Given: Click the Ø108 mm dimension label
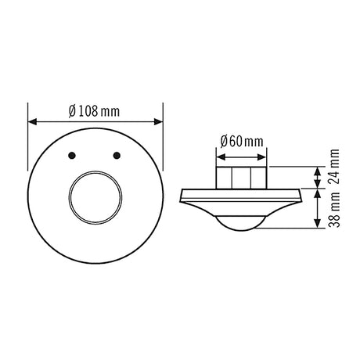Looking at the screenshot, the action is tap(94, 111).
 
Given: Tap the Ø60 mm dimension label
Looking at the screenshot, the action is tap(242, 142).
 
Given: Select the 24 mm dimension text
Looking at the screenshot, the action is tap(334, 167).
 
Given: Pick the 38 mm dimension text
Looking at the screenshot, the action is tap(334, 210).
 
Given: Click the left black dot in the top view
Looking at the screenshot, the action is tap(72, 156).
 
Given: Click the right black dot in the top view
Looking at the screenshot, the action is tap(117, 156).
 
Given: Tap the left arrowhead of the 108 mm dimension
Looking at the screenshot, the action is tap(32, 122).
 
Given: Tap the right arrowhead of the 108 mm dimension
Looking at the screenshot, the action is tap(158, 122).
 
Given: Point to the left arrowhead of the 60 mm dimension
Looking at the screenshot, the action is tap(221, 157).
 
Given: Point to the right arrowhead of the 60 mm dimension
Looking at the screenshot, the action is tap(261, 157).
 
